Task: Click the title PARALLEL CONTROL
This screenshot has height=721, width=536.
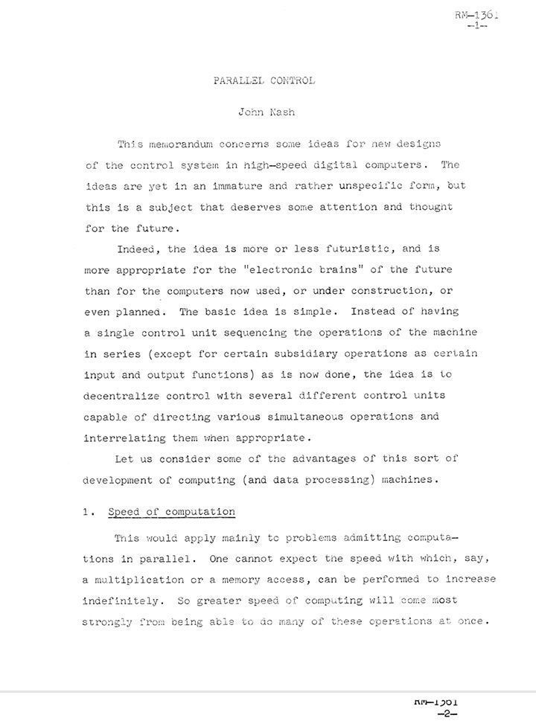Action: point(264,80)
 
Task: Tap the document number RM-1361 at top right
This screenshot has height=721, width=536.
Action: point(476,14)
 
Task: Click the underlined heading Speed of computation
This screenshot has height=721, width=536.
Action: point(171,512)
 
